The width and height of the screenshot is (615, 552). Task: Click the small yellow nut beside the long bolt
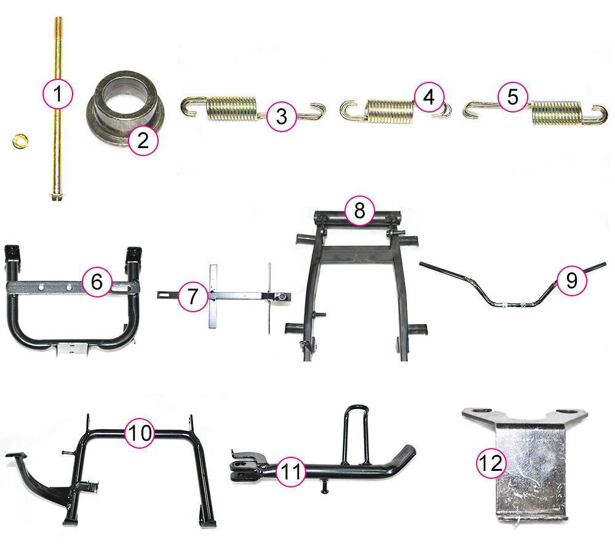[20, 141]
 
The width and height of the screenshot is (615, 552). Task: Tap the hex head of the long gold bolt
[57, 197]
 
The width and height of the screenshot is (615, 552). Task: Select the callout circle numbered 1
[58, 93]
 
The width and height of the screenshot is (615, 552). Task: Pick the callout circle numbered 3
[282, 116]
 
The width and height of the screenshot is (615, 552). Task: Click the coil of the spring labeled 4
[390, 111]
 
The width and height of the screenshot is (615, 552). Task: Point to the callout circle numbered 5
[513, 97]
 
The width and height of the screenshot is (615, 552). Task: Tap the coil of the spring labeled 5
[556, 113]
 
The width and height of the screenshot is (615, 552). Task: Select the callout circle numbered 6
[97, 282]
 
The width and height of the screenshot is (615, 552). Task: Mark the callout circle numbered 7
[193, 296]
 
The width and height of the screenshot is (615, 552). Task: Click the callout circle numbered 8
[360, 210]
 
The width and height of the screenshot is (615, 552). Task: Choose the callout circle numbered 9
[571, 280]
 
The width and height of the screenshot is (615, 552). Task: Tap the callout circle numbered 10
[140, 433]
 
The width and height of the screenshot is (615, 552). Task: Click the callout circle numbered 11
[291, 471]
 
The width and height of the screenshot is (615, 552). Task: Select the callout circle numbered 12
[491, 463]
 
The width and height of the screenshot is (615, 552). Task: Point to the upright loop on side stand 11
[356, 435]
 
